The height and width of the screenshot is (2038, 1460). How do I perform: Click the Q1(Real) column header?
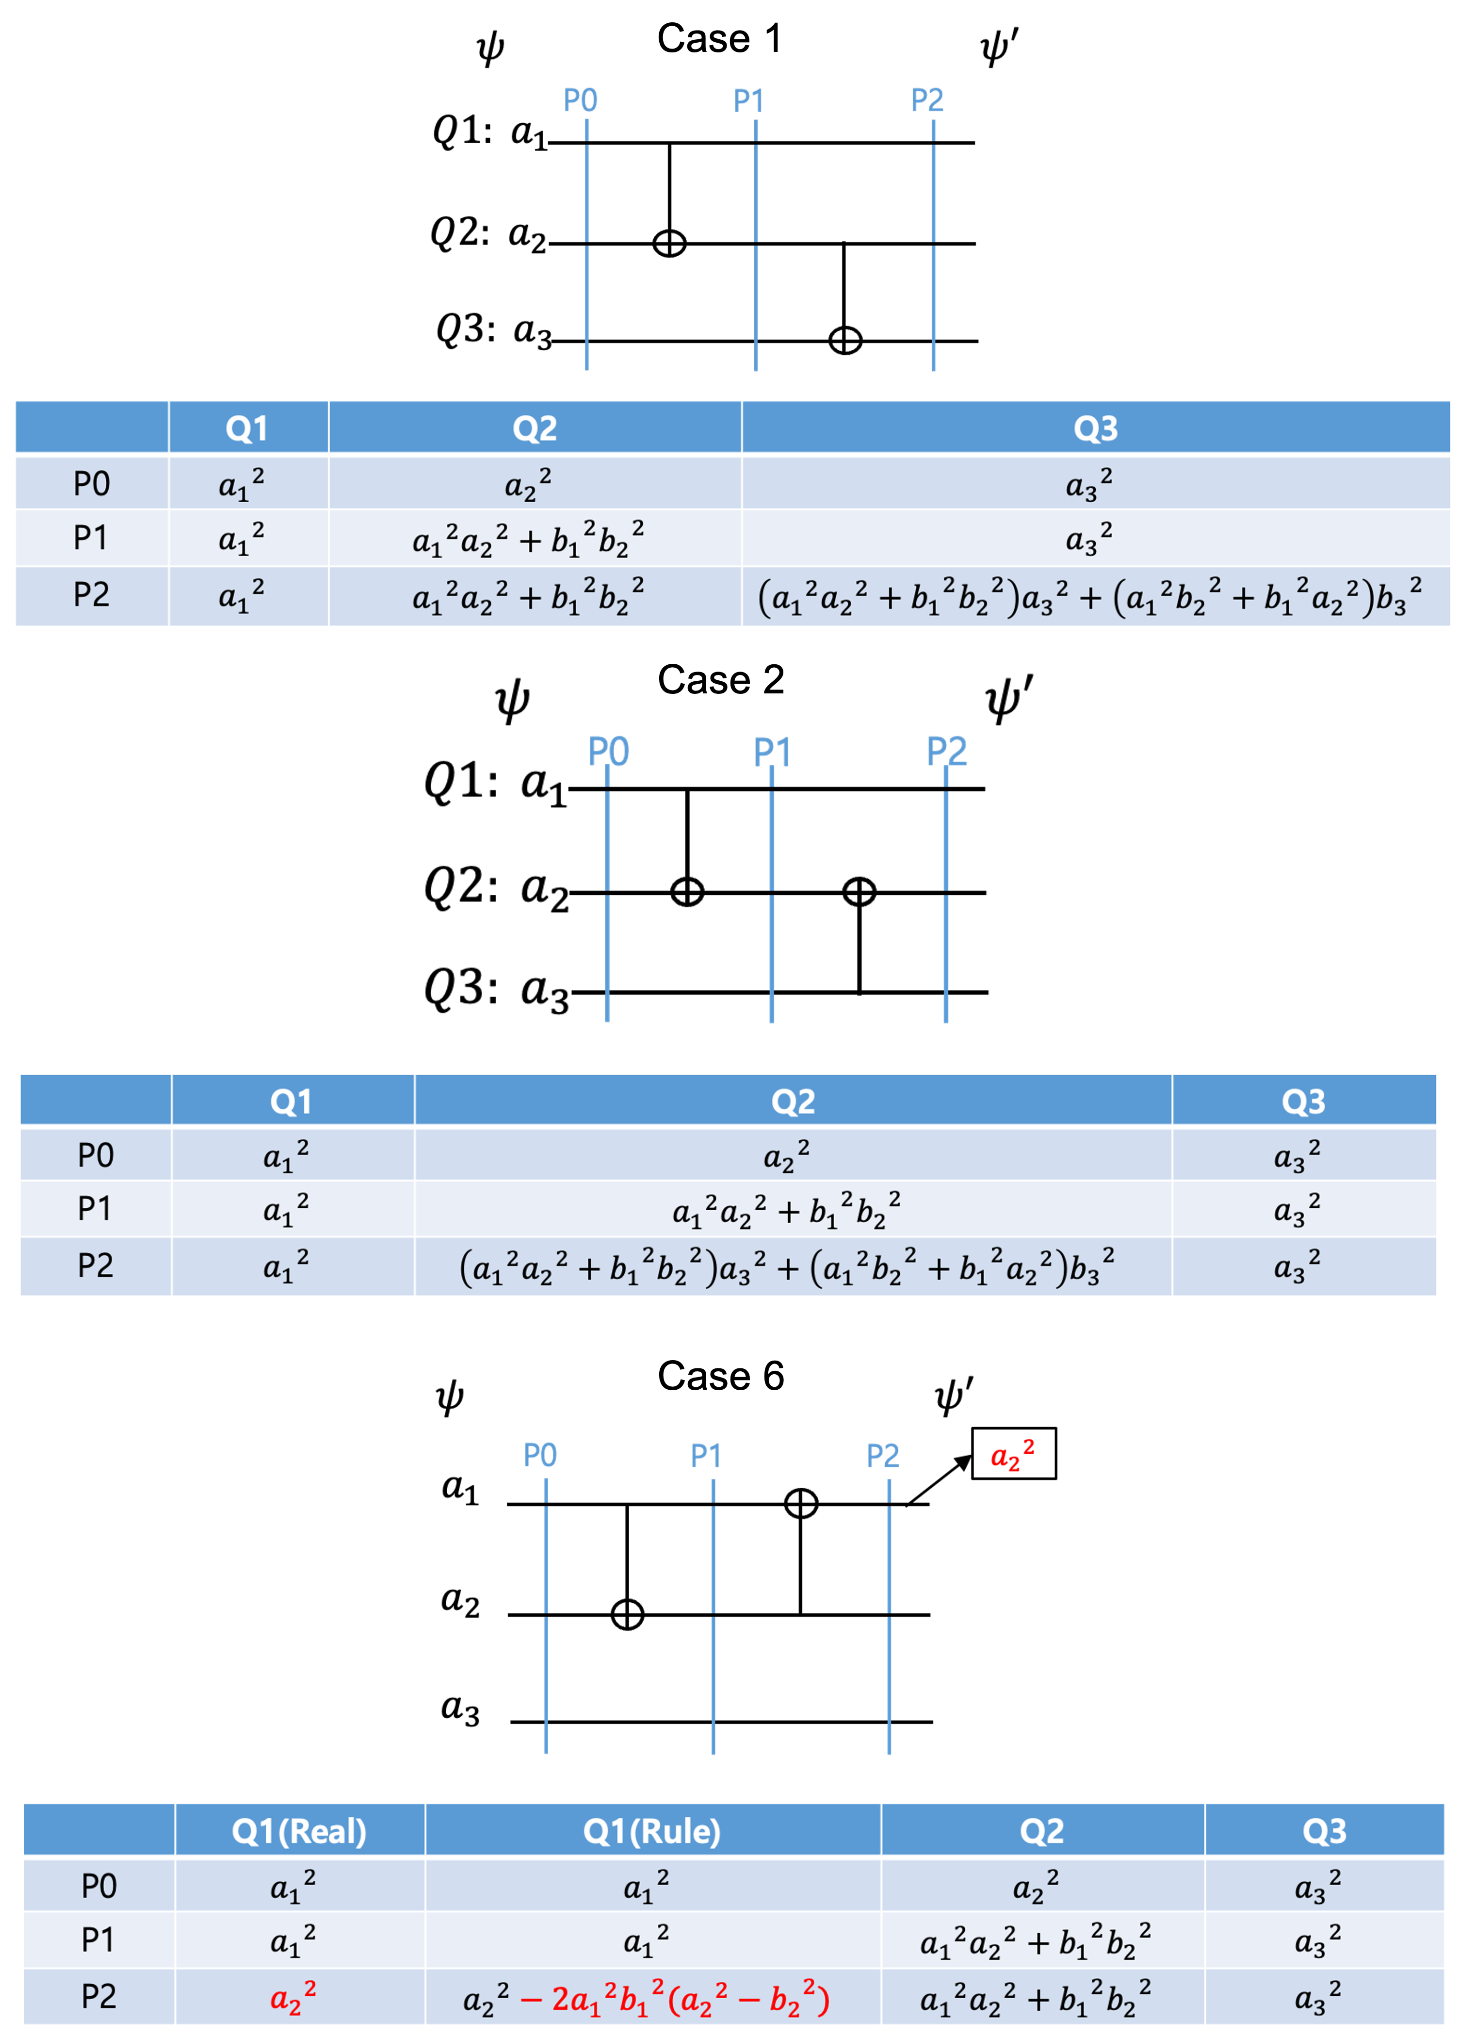(299, 1830)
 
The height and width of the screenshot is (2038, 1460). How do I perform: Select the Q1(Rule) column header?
(652, 1830)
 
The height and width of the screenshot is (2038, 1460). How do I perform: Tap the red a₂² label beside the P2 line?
(1012, 1454)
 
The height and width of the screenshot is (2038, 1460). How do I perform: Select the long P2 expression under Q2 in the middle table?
(787, 1267)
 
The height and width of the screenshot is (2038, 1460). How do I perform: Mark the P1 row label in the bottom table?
(99, 1940)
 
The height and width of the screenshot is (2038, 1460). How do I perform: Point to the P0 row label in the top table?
(92, 483)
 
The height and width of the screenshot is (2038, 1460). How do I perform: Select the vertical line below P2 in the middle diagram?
(946, 899)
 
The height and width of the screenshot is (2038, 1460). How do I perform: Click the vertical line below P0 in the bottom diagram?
(546, 1617)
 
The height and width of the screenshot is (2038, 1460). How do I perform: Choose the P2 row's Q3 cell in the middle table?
(1297, 1267)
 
